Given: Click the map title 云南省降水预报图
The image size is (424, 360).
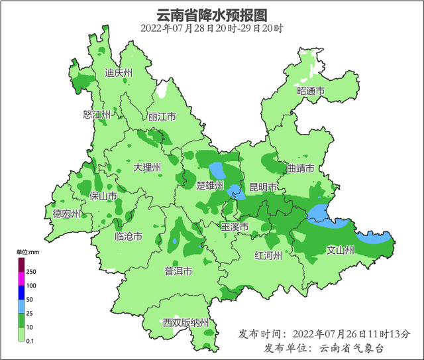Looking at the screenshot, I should (x=212, y=15).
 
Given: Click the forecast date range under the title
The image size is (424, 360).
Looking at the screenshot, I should (x=212, y=29).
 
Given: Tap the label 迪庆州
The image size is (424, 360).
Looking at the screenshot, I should (x=119, y=74).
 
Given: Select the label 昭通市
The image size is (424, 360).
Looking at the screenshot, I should (x=311, y=91).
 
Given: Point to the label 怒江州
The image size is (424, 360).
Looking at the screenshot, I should (x=97, y=115).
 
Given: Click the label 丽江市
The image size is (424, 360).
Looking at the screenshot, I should (x=162, y=117).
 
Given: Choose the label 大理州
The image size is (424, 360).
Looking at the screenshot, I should (x=147, y=168).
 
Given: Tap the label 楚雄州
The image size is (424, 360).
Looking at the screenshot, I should (x=211, y=185).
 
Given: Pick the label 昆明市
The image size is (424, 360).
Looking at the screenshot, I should (x=263, y=187).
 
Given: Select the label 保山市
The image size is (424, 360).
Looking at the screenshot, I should (x=103, y=196).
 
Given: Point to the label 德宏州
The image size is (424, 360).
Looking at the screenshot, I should (x=67, y=213).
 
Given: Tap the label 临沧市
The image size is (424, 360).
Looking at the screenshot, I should (x=129, y=236).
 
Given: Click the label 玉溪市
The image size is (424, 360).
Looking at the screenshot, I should (x=235, y=227).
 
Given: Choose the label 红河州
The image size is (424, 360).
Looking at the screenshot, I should (x=269, y=255).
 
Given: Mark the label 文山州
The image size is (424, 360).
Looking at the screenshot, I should (x=342, y=250).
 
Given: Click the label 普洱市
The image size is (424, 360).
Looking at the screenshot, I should (x=178, y=271).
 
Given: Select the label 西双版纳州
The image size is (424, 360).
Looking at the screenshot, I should (x=186, y=323).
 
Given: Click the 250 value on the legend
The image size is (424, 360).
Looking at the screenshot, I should (x=32, y=272).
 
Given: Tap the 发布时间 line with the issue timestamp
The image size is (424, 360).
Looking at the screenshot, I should (x=324, y=333).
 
